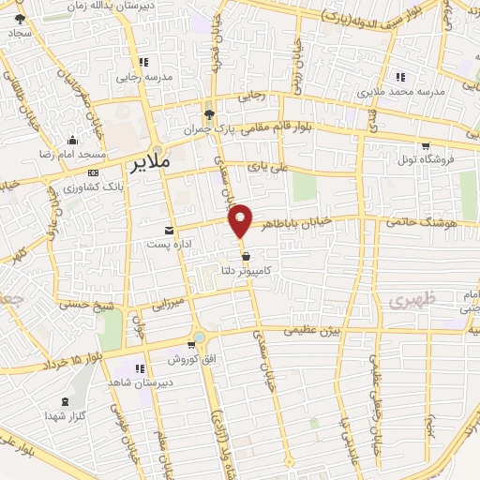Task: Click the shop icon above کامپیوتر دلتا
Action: pos(246,255)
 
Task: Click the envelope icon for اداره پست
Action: pos(169,231)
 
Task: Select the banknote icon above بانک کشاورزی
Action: pos(93,173)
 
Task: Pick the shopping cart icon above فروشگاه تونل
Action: pos(427,146)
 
